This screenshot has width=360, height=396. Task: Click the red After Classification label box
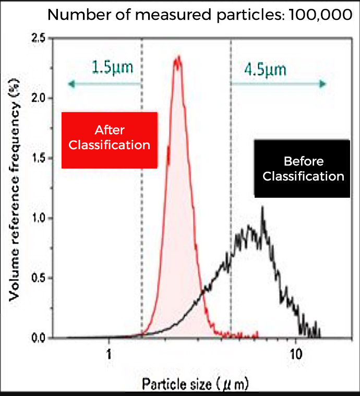[x=110, y=140]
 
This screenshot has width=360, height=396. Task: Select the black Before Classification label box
[x=303, y=169]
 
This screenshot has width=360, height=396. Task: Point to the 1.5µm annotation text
[x=112, y=68]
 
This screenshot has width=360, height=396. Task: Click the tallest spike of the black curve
[x=262, y=207]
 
